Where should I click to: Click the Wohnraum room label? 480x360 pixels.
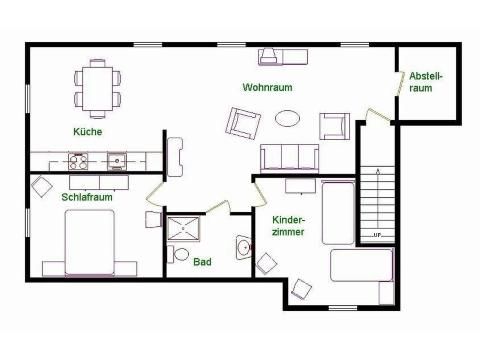tap(267, 87)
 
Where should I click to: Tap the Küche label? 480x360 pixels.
tap(88, 131)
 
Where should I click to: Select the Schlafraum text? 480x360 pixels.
tap(87, 197)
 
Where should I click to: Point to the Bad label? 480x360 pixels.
tap(202, 262)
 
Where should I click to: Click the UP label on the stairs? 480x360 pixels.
tap(377, 235)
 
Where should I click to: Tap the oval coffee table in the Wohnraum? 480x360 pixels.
tap(287, 118)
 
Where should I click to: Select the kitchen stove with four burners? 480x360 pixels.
tap(78, 162)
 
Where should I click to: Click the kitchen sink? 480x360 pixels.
tap(117, 162)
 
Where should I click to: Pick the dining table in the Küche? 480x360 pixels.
tap(98, 88)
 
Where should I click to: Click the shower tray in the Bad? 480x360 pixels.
tap(183, 229)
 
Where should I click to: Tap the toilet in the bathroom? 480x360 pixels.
tap(179, 254)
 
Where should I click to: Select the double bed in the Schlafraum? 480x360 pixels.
tap(90, 243)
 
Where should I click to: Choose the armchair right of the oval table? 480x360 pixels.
tap(334, 126)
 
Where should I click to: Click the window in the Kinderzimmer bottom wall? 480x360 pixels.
tap(337, 308)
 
